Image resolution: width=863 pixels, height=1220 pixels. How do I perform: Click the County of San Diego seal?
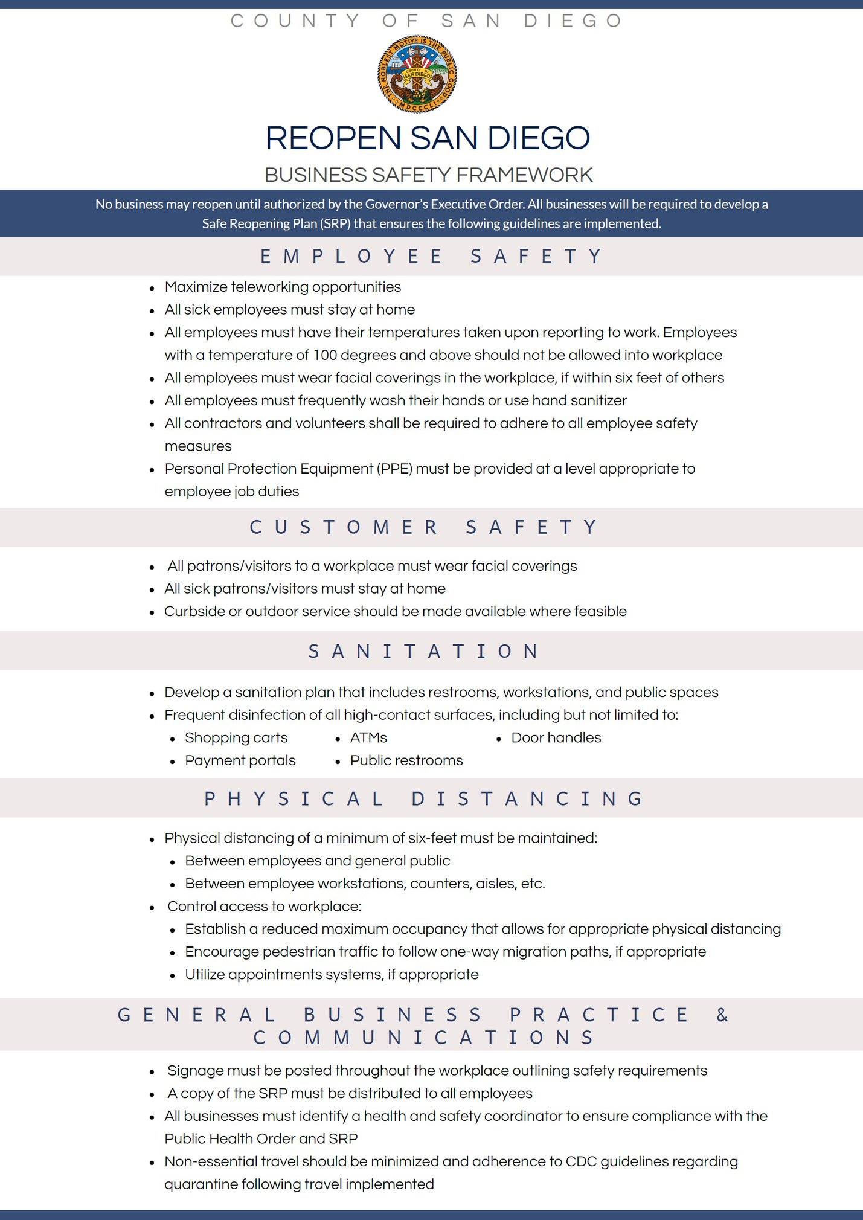[417, 74]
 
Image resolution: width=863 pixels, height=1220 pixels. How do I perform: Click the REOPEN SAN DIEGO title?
[428, 138]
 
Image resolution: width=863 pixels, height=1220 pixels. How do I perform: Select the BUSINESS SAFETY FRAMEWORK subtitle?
[428, 175]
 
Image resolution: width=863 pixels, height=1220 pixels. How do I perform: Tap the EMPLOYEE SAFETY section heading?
[431, 256]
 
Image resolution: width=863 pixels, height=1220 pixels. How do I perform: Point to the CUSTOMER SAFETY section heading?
[425, 527]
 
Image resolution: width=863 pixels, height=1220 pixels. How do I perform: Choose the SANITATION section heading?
[425, 651]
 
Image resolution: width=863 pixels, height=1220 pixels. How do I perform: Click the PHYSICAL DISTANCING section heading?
[425, 798]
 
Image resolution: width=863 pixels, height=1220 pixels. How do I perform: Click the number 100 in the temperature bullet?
[325, 355]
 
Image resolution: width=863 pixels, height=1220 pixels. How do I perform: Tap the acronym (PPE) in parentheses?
[395, 469]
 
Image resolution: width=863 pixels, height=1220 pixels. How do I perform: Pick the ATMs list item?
[368, 737]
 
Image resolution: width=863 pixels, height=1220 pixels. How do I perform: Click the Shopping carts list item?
[236, 737]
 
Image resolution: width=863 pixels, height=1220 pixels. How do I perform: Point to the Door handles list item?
[556, 737]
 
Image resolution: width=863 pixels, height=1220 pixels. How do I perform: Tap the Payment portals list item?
[240, 760]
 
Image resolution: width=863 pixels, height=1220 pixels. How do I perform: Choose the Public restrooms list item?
[406, 760]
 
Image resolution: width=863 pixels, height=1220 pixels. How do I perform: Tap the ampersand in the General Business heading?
[722, 1015]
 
